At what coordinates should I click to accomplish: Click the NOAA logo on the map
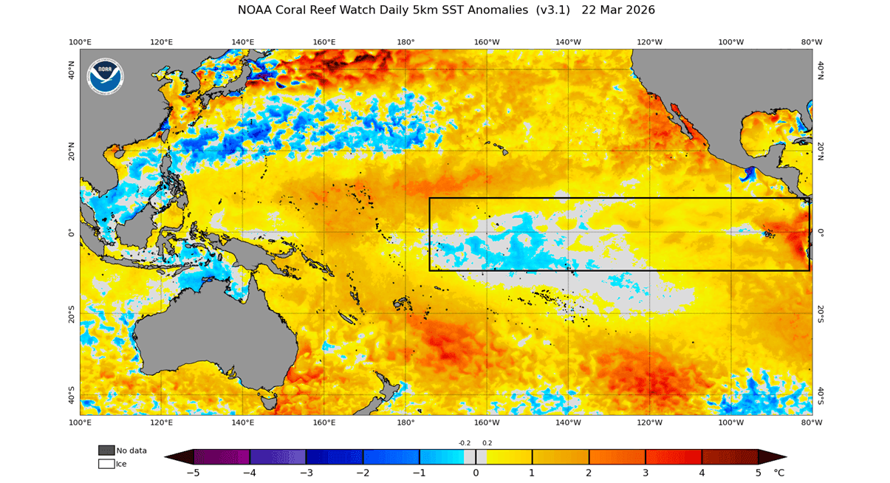point(106,76)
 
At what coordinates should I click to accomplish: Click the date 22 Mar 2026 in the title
point(618,10)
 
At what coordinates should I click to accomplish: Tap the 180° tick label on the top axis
point(405,42)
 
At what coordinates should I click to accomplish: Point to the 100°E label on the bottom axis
point(80,422)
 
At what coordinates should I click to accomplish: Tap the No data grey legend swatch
point(106,451)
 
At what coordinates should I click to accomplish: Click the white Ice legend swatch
point(106,464)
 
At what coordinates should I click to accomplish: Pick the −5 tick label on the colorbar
point(193,472)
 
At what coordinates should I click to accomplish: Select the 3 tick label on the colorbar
point(646,472)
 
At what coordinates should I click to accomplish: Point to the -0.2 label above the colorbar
point(465,443)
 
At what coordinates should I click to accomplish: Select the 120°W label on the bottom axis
point(649,422)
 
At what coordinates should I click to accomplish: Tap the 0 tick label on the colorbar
point(476,472)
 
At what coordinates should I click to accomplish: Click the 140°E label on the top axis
point(243,42)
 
